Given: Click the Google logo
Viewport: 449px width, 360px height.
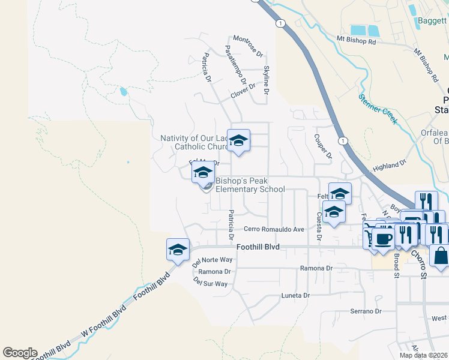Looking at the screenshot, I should pyautogui.click(x=20, y=353).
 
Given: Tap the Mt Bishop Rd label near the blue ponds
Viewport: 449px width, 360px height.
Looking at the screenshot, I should pyautogui.click(x=356, y=41).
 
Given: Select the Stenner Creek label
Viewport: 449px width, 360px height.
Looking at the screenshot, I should pyautogui.click(x=378, y=108).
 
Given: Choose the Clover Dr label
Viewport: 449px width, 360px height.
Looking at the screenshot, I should pyautogui.click(x=243, y=94).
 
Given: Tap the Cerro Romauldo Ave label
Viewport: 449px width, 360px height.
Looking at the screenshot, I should pyautogui.click(x=274, y=229).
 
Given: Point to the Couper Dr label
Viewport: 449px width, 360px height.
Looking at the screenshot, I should pyautogui.click(x=323, y=146).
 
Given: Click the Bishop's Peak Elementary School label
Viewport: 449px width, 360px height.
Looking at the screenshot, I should pyautogui.click(x=250, y=185).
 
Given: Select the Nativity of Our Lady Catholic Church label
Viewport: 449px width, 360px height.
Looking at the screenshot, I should pyautogui.click(x=193, y=142).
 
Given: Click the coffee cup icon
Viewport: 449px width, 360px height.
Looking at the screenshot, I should pyautogui.click(x=382, y=239).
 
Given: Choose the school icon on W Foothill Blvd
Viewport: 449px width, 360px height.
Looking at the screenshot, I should pyautogui.click(x=178, y=250).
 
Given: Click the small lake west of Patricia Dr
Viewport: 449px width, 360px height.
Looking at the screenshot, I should pyautogui.click(x=123, y=92).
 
